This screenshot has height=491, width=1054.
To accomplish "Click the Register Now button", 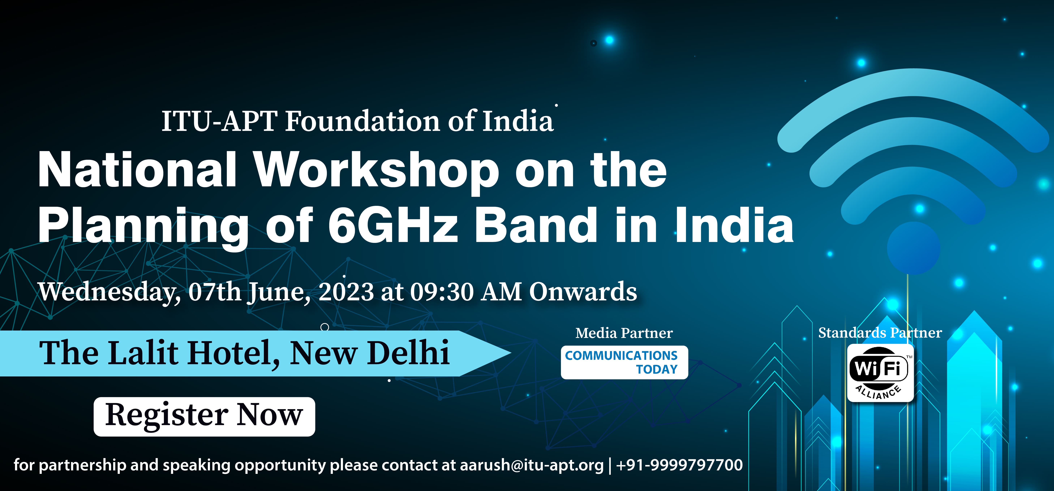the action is [204, 416].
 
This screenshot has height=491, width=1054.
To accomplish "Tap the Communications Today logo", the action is [624, 362].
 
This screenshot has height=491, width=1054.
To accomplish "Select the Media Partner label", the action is [624, 333].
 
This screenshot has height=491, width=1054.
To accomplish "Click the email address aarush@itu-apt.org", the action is [532, 465].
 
